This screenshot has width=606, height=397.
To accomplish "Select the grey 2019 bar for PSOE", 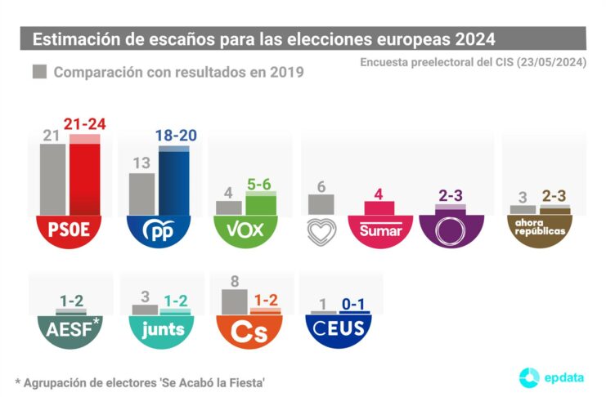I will click(x=54, y=181).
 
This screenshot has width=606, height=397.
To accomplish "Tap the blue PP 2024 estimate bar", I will click(x=173, y=180).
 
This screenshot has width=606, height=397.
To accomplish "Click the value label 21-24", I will click(x=85, y=125).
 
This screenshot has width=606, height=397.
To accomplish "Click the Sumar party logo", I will click(x=380, y=230).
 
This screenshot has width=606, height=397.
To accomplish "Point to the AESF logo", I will click(x=67, y=330).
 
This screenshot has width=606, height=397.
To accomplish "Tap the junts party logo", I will click(x=160, y=330).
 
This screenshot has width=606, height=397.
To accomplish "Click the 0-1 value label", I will click(x=353, y=305).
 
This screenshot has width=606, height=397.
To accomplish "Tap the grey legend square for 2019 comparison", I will click(x=38, y=72).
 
